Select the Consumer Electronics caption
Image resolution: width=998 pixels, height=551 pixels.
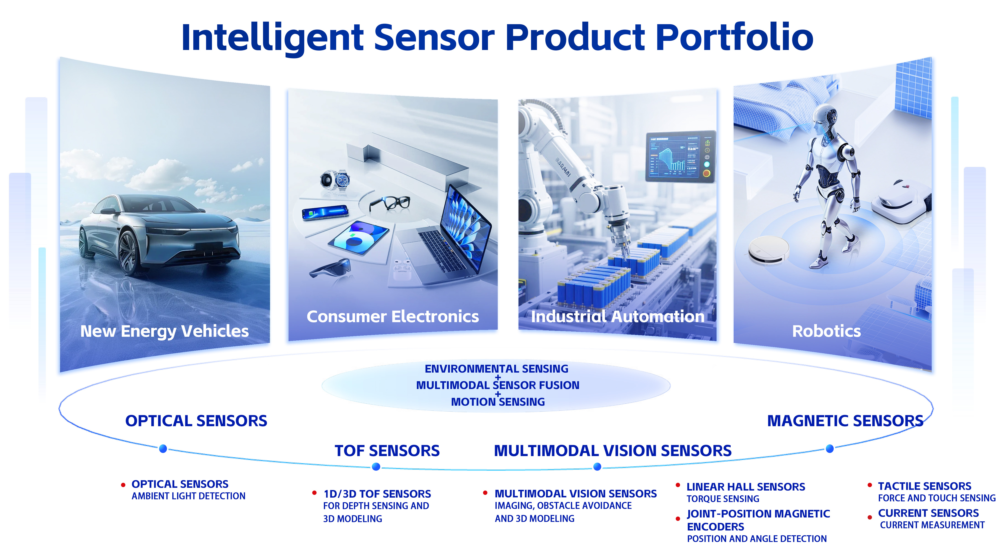[x=392, y=316]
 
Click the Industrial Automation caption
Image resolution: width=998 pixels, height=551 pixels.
[x=618, y=316]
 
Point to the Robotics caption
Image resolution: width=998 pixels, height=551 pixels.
[x=826, y=331]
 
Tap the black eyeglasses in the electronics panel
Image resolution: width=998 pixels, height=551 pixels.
[x=389, y=203]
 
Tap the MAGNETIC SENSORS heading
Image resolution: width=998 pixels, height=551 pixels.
[x=845, y=421]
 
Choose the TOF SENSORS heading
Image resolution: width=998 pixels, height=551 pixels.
[x=387, y=451]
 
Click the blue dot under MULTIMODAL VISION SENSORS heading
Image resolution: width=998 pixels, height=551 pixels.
[x=597, y=467]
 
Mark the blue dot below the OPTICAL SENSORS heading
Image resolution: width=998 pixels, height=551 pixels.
[x=163, y=449]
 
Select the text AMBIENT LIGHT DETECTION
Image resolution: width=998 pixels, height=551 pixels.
[x=188, y=496]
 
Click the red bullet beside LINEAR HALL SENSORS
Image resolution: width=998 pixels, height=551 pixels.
[x=678, y=485]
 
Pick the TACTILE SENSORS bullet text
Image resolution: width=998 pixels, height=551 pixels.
[x=924, y=486]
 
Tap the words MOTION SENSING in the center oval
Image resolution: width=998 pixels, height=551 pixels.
[x=498, y=402]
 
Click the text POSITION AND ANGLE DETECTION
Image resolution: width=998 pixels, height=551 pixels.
[x=757, y=539]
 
